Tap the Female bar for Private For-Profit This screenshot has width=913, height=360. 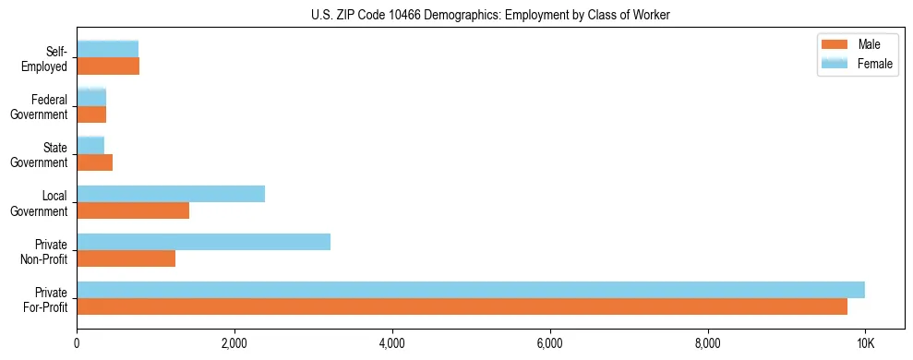(471, 290)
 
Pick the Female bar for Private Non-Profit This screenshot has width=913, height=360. (203, 242)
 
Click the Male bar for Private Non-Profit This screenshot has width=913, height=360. (126, 258)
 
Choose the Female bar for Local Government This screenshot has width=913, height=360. (171, 194)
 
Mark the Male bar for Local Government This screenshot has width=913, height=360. (133, 210)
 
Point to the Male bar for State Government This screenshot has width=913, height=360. (94, 162)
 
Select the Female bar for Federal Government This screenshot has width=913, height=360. (91, 98)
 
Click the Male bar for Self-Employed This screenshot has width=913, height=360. (108, 66)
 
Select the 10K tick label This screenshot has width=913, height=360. (865, 343)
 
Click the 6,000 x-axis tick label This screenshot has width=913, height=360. (550, 343)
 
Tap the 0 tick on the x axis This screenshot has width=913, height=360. (77, 343)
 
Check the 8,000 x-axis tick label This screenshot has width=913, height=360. (708, 343)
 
